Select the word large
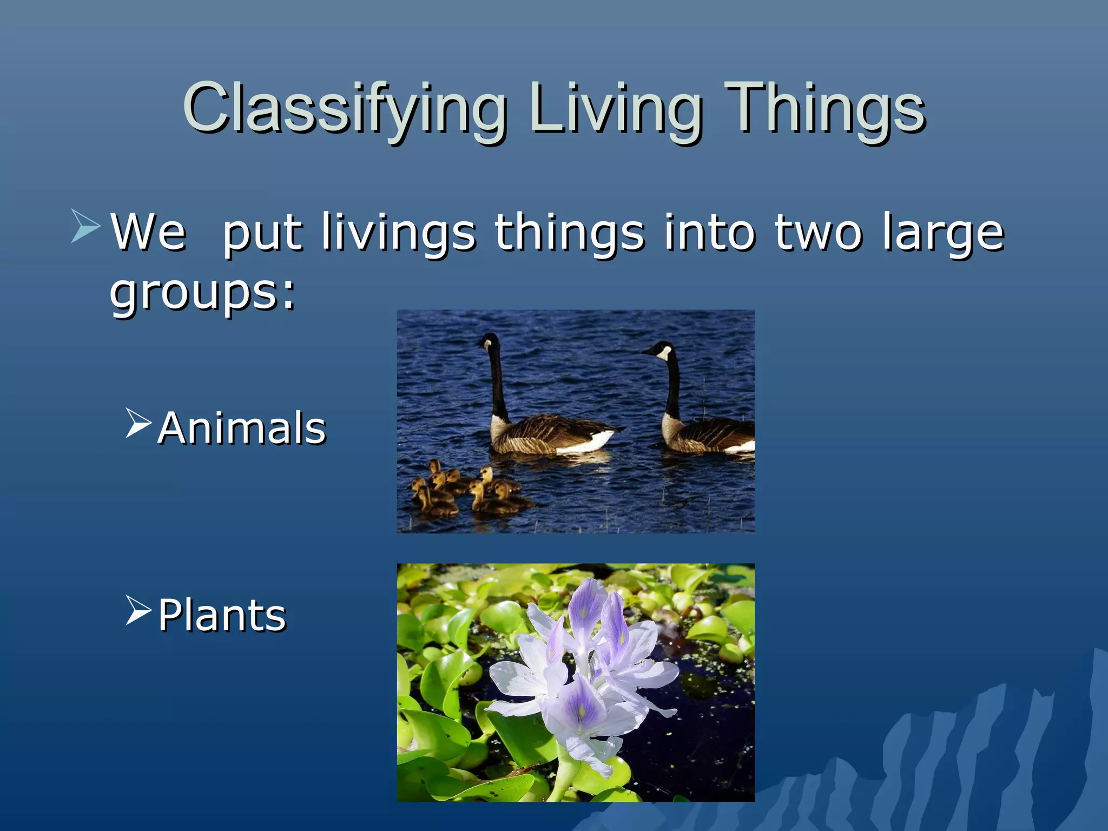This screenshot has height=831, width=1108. pos(943,234)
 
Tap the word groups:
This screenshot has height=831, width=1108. pos(203,292)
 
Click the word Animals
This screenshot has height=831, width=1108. pos(242,428)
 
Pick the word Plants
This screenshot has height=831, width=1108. pos(222,615)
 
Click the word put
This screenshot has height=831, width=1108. pos(262,233)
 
